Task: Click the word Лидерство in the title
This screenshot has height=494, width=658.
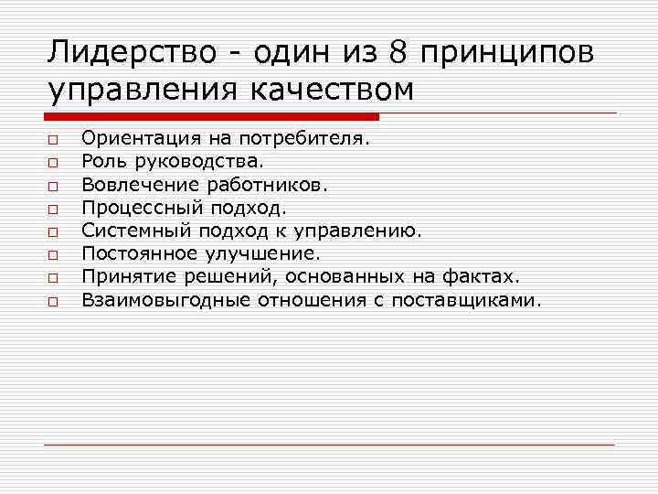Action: click(x=127, y=52)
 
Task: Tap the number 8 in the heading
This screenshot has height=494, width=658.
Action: click(x=398, y=52)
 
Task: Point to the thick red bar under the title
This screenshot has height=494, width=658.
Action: click(x=211, y=117)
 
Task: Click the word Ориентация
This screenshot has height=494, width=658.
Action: click(x=136, y=139)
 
